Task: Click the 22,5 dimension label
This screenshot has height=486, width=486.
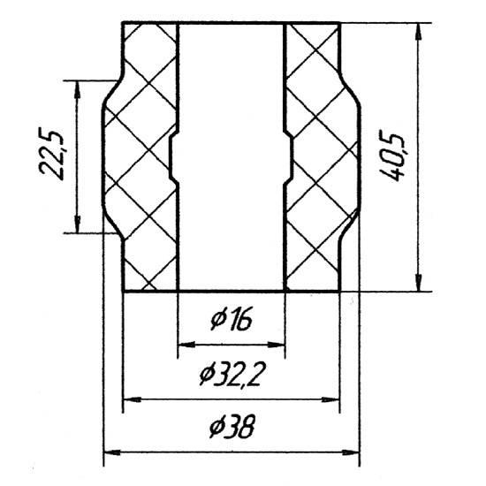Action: tap(51, 154)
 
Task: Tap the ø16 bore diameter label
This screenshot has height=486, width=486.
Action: tap(232, 319)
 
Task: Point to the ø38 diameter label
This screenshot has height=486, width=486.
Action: tap(232, 426)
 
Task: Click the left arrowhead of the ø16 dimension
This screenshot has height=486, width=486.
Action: tap(186, 345)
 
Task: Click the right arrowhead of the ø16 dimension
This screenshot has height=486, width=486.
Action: tap(276, 345)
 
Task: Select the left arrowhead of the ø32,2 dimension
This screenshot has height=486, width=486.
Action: tap(133, 399)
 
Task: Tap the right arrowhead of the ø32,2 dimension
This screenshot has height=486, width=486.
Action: tap(330, 399)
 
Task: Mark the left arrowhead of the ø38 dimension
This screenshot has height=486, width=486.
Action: tap(112, 452)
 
